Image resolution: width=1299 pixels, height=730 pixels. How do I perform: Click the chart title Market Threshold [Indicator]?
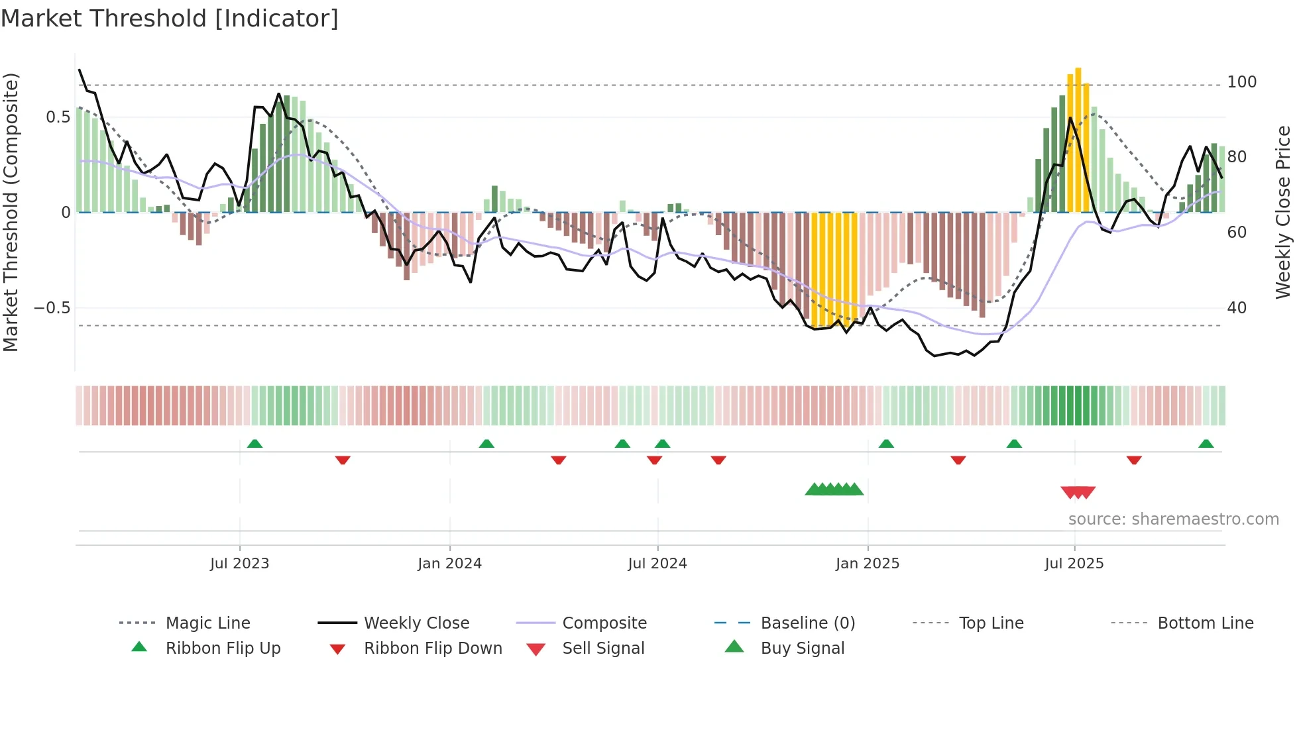(170, 19)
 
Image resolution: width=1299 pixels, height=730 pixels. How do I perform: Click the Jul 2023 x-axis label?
(239, 564)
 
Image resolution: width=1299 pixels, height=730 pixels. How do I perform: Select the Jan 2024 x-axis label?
(449, 564)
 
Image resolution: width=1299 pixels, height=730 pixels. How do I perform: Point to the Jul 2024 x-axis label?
(657, 564)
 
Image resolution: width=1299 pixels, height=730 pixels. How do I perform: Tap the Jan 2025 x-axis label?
(867, 564)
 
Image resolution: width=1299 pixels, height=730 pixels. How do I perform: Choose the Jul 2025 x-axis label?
(1074, 564)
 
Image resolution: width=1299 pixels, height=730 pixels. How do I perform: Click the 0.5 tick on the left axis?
(58, 117)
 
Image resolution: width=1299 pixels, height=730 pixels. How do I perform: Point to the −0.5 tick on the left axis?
(52, 308)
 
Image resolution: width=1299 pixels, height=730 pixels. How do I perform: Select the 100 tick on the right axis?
(1241, 82)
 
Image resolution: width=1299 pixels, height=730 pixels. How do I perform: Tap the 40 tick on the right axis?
(1236, 308)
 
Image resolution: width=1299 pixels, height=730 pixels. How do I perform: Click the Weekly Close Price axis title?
(1283, 212)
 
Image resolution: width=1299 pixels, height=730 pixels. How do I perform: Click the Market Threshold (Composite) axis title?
(11, 212)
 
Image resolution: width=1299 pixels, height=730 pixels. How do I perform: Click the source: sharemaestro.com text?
(1173, 519)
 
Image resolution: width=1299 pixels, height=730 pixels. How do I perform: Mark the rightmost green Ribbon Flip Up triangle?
(1206, 444)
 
